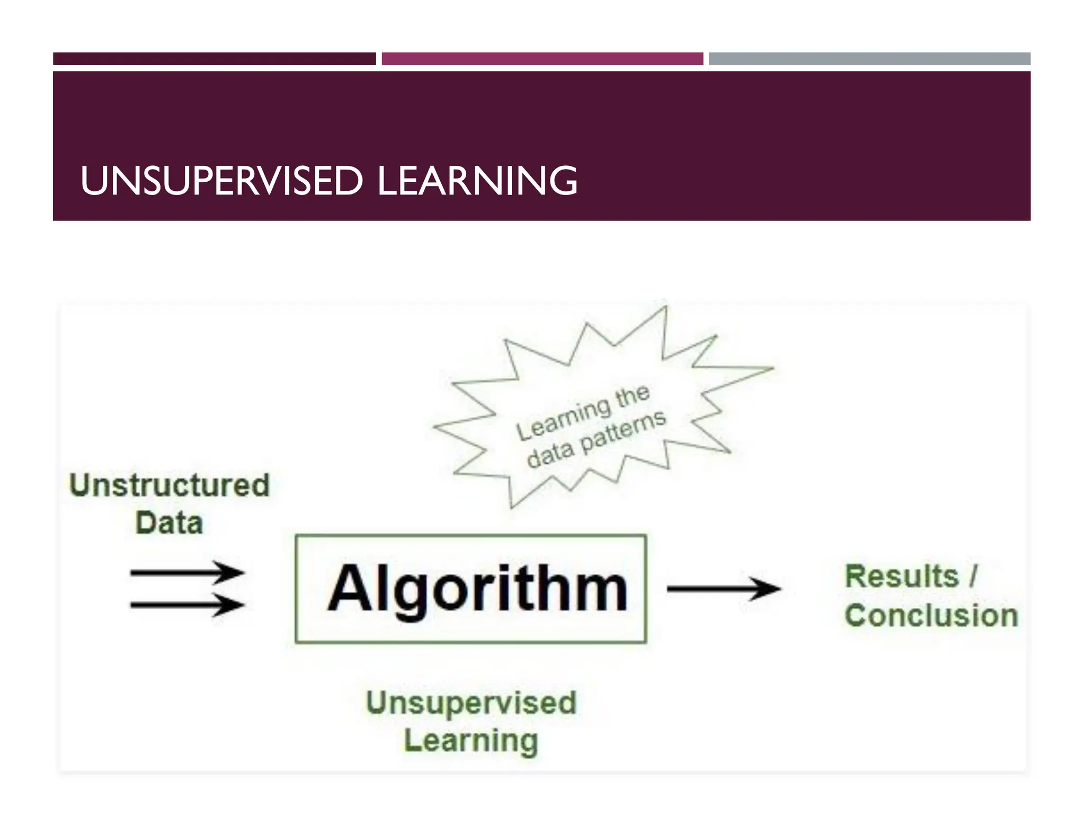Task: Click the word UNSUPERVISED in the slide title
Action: pyautogui.click(x=221, y=181)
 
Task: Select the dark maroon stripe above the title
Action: pyautogui.click(x=214, y=59)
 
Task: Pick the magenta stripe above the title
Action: pyautogui.click(x=542, y=59)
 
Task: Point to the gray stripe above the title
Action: pyautogui.click(x=869, y=59)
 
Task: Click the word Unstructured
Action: pyautogui.click(x=170, y=485)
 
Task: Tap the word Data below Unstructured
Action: pyautogui.click(x=170, y=523)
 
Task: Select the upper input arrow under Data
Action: pyautogui.click(x=186, y=572)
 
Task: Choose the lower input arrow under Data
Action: pyautogui.click(x=186, y=605)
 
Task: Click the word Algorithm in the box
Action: pyautogui.click(x=477, y=590)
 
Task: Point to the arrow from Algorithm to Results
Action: pyautogui.click(x=723, y=588)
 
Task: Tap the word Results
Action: pyautogui.click(x=902, y=576)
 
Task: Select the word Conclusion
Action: pyautogui.click(x=931, y=616)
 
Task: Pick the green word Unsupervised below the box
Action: pyautogui.click(x=471, y=703)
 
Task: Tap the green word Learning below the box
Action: pyautogui.click(x=471, y=740)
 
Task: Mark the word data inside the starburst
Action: pyautogui.click(x=550, y=455)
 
